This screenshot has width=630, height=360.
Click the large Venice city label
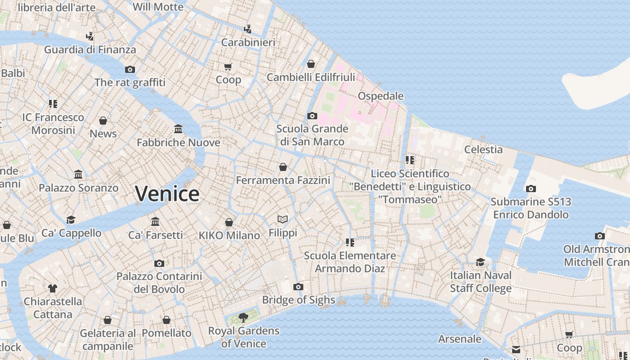coord(167,194)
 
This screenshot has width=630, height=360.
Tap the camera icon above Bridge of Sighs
coord(298,287)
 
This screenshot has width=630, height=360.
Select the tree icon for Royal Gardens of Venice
coord(243,318)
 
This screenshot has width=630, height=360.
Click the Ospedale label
coord(380,96)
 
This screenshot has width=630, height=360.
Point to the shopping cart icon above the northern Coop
coord(228,67)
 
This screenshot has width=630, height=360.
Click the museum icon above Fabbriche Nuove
coord(178,129)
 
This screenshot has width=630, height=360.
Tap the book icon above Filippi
coord(283,220)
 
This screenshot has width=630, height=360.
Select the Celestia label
coord(483,149)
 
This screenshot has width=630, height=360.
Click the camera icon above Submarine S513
coord(531,189)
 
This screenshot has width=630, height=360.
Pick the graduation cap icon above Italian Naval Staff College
coord(481,262)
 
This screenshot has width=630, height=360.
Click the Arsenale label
coord(459,339)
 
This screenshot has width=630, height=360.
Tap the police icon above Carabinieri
coord(247,29)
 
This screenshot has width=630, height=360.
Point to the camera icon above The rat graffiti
coord(130,69)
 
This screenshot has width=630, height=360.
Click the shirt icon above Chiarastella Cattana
coord(53,288)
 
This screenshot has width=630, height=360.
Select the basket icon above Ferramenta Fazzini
coord(283,167)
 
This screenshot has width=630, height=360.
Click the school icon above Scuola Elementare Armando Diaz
coord(350,243)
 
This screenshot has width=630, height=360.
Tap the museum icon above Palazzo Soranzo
coord(78,175)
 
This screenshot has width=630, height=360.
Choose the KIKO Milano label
coord(229,235)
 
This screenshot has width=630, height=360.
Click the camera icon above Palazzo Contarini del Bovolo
coord(159,263)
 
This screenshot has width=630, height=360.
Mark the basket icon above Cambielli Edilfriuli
coord(310,64)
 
